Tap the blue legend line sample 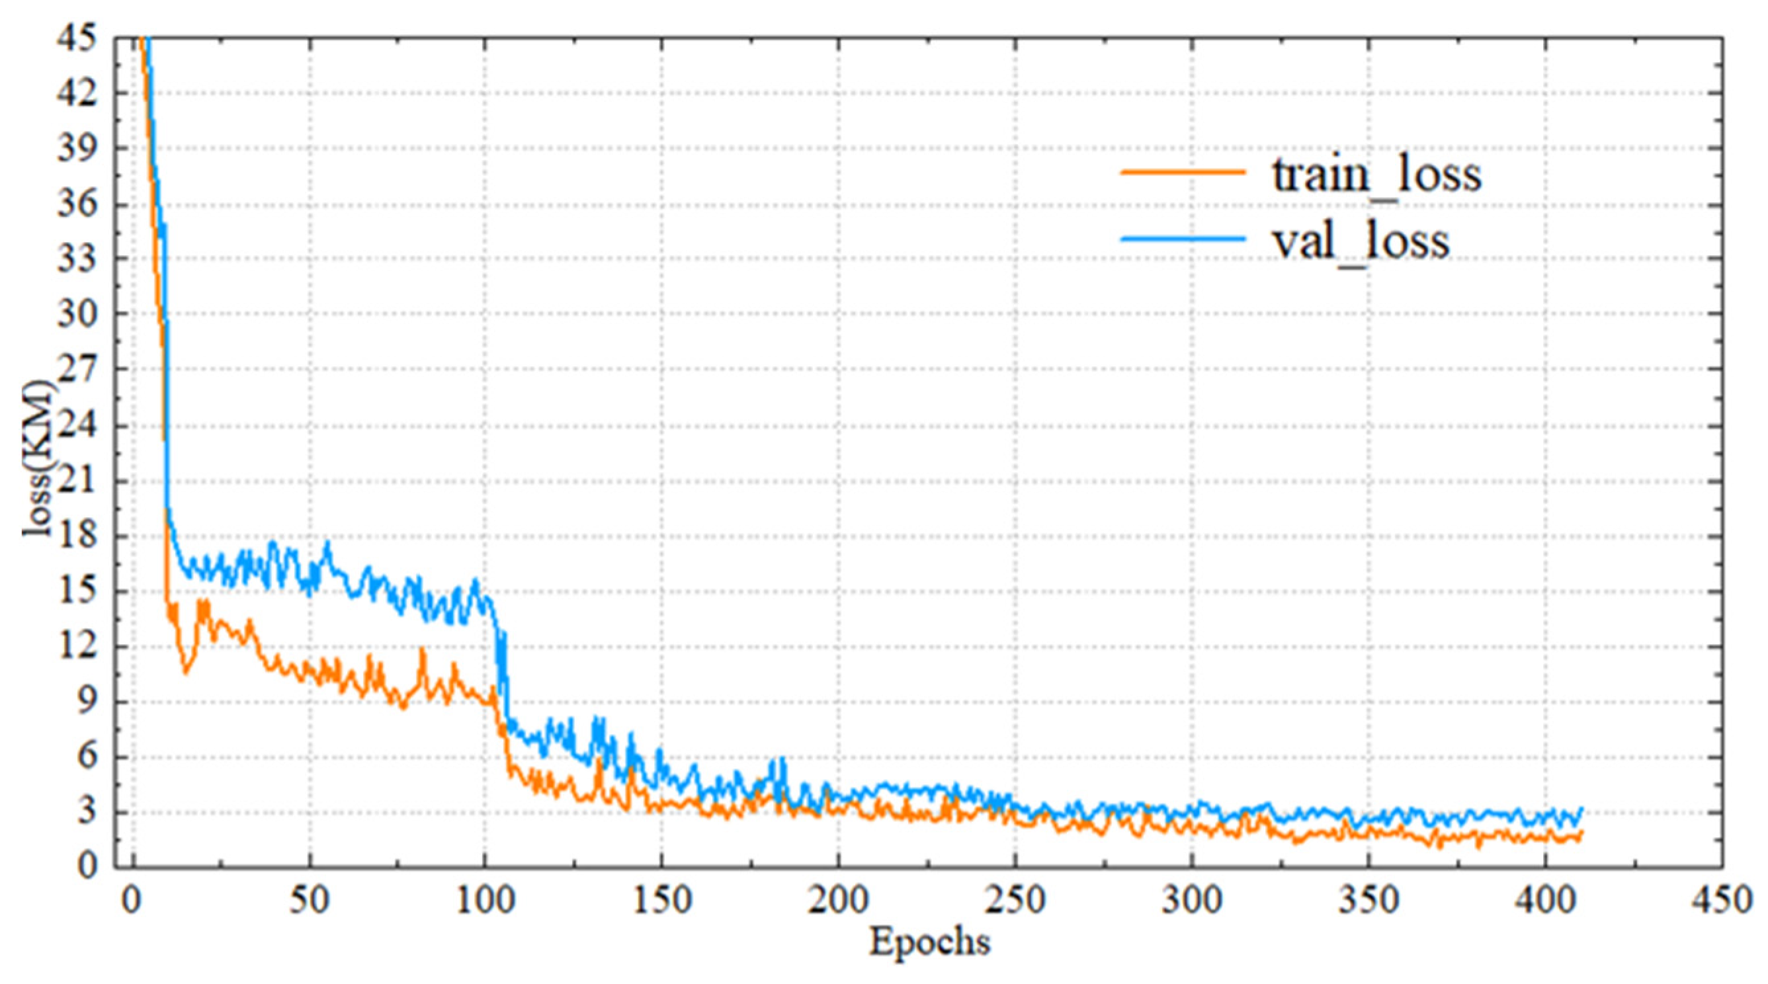(1183, 239)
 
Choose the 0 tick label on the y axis (86, 866)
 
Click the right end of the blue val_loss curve (1581, 809)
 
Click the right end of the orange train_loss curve (1581, 833)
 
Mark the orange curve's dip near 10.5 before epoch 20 (185, 673)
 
